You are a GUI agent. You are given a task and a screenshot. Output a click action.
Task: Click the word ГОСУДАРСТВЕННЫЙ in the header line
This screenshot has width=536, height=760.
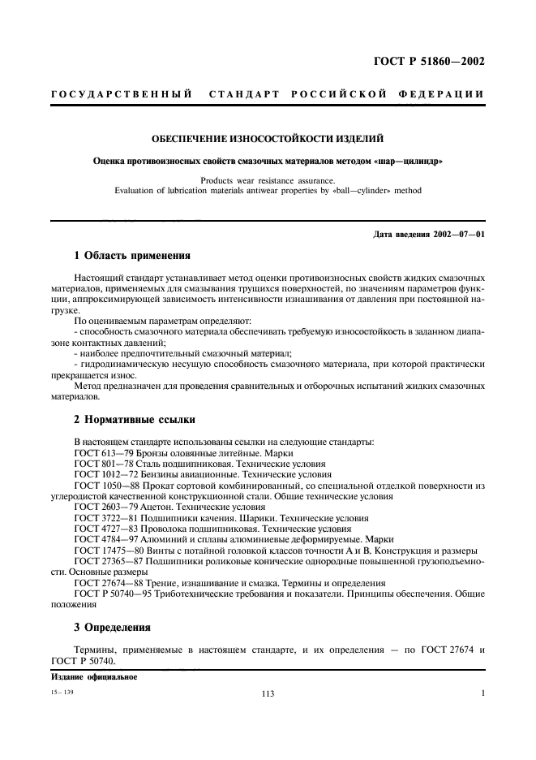click(x=121, y=95)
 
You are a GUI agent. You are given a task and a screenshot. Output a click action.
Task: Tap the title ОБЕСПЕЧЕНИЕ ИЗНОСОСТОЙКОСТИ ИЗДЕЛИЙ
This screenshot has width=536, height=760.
click(x=268, y=140)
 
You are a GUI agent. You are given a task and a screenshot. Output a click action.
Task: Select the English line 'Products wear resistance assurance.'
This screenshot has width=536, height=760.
click(x=268, y=181)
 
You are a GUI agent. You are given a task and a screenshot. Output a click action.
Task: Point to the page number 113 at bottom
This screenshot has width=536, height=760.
click(x=268, y=694)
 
